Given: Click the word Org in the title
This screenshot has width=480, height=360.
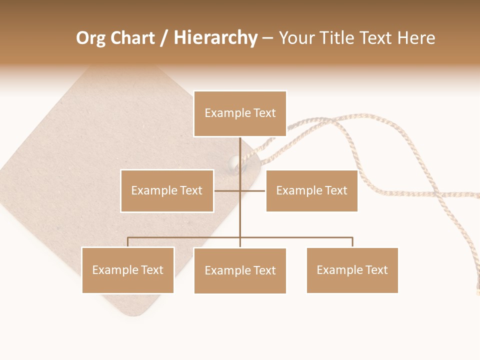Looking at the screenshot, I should pos(90,38).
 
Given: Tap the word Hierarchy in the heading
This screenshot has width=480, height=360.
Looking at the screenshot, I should pos(215,38).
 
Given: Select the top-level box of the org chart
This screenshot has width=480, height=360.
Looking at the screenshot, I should pos(240,113).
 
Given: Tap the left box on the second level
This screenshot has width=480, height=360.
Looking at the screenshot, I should pos(167,190).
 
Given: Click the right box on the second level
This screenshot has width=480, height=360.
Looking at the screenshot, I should pos(311,190).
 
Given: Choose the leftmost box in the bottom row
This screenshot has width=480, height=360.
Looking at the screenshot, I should pos(128,270).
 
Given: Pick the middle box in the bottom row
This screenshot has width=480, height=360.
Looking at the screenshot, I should pos(240,270).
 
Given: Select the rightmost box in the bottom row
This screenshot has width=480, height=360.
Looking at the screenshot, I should pos(352,270).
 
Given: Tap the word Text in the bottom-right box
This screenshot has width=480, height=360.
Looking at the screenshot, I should pos(376,270).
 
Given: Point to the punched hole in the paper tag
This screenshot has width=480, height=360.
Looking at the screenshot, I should pos(233,162).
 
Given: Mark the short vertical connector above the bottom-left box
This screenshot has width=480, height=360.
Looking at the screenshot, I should pos(128,242).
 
